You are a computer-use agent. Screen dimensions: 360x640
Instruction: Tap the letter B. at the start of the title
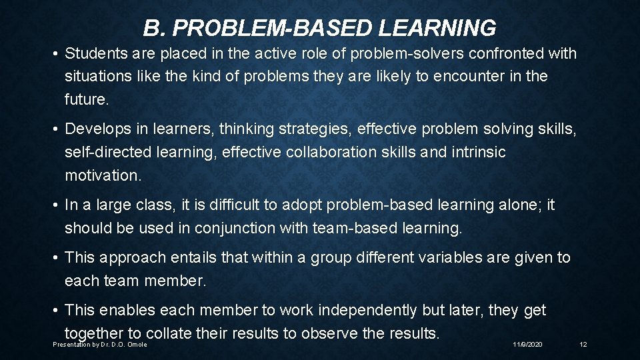pos(153,28)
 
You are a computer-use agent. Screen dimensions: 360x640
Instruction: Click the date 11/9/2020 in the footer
pos(527,344)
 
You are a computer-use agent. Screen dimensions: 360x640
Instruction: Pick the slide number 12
pos(583,344)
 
